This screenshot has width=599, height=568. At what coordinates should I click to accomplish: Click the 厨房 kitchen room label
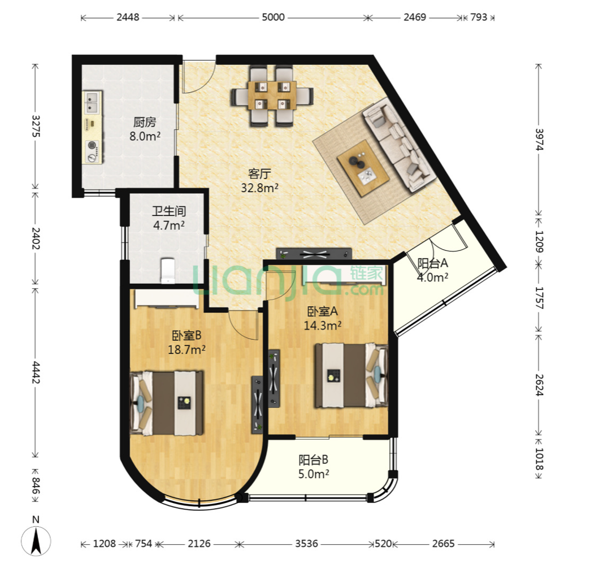(145, 122)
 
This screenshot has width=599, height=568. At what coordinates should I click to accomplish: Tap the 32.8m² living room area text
(259, 188)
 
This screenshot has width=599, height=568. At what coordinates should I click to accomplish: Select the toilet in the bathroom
(168, 271)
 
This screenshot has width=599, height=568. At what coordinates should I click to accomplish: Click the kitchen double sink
(93, 102)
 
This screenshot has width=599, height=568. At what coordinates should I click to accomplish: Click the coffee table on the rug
(363, 168)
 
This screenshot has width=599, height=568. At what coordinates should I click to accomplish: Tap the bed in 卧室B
(167, 403)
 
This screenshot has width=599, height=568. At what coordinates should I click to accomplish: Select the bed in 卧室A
(351, 375)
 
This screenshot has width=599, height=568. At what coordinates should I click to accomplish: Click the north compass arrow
(36, 541)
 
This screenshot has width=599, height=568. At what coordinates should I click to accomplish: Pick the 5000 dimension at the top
(273, 17)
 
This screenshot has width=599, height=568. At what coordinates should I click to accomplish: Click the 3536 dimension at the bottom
(306, 544)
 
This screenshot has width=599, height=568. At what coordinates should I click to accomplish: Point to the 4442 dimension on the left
(36, 372)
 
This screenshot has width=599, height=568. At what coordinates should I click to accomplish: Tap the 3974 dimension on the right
(539, 140)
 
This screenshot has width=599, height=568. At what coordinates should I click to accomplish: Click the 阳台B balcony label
(313, 459)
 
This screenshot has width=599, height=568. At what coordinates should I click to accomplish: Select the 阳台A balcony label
(432, 263)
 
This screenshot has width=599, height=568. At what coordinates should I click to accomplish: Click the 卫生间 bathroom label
(169, 211)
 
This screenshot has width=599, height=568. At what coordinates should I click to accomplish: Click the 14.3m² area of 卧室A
(323, 326)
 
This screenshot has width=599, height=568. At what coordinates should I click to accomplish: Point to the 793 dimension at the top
(479, 17)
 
